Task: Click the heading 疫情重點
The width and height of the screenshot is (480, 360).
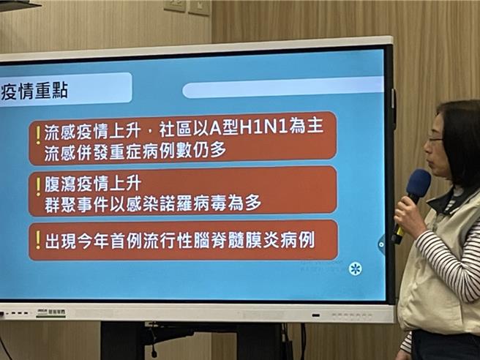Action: (x=34, y=90)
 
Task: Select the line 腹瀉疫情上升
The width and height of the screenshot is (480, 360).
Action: (x=92, y=181)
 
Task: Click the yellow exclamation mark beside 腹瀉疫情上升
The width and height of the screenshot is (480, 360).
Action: (x=37, y=187)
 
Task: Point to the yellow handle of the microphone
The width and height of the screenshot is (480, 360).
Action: (x=400, y=233)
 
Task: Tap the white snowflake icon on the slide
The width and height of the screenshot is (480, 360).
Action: (x=356, y=268)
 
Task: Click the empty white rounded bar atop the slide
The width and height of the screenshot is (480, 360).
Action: (x=282, y=88)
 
